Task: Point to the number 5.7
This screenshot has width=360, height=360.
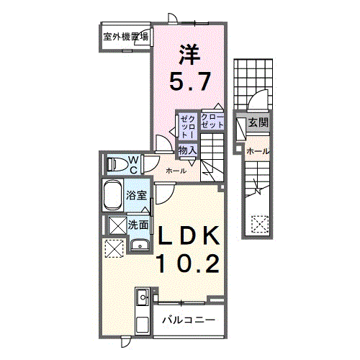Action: coord(191,81)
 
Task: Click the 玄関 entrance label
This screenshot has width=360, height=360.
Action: coord(258,123)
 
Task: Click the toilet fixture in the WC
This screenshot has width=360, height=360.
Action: coord(114,164)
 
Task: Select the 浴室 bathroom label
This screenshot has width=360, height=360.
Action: coord(138,195)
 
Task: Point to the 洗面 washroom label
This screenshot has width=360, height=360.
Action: coord(138,225)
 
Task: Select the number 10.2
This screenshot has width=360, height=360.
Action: coord(188,264)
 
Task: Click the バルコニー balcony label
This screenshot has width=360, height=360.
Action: coord(187,318)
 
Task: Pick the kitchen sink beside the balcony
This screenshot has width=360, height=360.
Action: coord(142,297)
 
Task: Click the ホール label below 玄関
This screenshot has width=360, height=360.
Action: coord(257,151)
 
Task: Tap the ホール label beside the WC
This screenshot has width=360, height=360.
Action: coord(176,171)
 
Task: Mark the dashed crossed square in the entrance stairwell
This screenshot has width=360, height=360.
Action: coord(259,225)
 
